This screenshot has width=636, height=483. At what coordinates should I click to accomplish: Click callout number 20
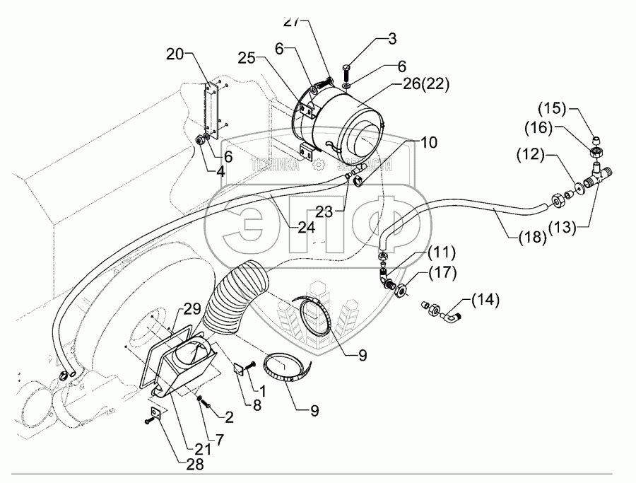point(176,54)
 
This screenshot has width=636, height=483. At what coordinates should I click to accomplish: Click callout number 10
point(427,142)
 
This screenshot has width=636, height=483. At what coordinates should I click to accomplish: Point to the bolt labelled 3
point(347,72)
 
